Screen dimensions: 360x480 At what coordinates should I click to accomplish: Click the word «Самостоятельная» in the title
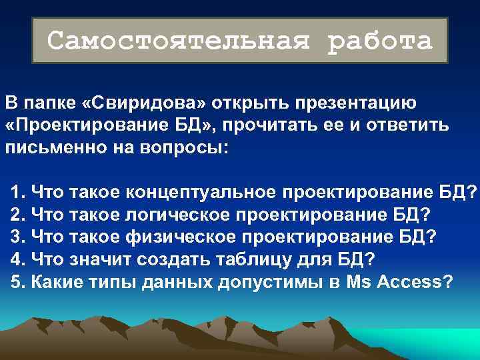tap(179, 41)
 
